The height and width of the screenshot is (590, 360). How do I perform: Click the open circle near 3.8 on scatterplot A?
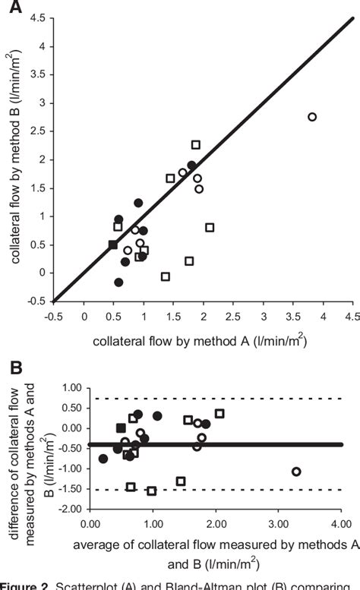[312, 117]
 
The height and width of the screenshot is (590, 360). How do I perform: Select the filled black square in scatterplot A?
[113, 245]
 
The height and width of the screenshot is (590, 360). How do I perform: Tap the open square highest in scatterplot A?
[195, 145]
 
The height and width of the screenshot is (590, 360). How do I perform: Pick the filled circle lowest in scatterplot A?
[118, 282]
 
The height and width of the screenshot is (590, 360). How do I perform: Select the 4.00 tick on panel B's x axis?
[340, 523]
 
